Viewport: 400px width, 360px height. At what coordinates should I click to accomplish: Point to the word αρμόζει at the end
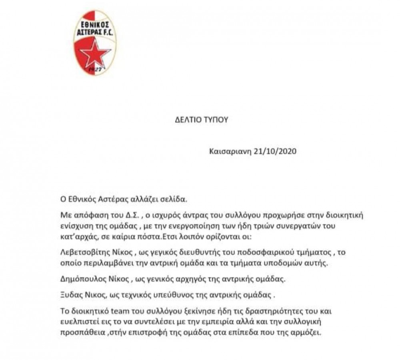tap(308, 333)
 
